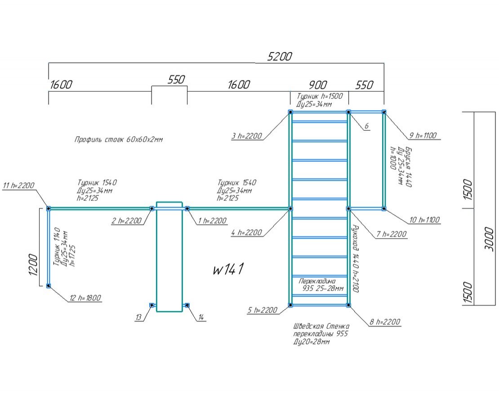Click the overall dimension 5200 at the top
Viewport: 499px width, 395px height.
point(280,57)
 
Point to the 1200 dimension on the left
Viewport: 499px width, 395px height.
point(32,266)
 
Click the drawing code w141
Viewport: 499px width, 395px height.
point(228,269)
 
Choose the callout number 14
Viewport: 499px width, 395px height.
point(201,318)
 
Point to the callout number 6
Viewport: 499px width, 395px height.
point(366,126)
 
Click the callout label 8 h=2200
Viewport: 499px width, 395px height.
point(384,322)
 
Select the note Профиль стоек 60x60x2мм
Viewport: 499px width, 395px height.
point(119,140)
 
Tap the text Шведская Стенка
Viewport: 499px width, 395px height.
point(321,326)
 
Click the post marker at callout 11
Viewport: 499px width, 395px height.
point(49,209)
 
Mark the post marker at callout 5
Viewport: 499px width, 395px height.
point(290,305)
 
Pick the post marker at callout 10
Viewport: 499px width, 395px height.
point(384,209)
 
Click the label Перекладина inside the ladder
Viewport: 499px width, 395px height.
point(317,281)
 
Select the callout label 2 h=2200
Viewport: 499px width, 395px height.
point(127,221)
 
